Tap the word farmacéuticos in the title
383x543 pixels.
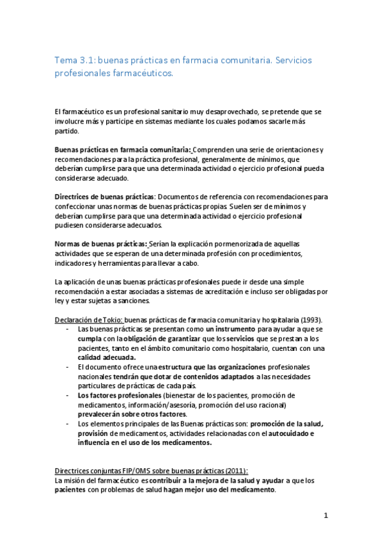click(x=143, y=74)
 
